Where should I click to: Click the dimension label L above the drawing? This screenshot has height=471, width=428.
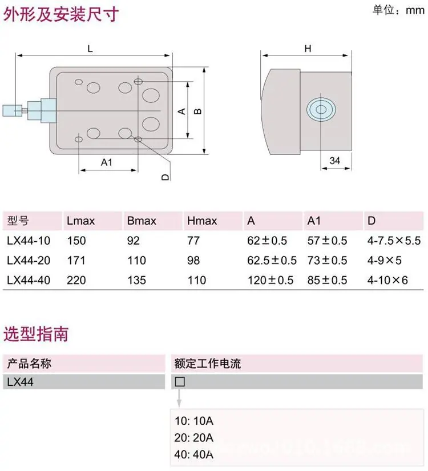click(x=90, y=49)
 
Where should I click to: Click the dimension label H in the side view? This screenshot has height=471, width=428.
click(x=308, y=49)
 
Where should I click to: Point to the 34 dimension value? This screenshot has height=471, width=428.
click(x=335, y=161)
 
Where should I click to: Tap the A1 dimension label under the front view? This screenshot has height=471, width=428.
click(x=107, y=162)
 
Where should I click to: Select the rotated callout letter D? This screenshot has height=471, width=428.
click(x=165, y=177)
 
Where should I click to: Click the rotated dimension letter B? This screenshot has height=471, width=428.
click(x=197, y=111)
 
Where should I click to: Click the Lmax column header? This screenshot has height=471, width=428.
click(x=80, y=221)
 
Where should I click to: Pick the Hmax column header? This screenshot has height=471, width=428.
click(x=202, y=221)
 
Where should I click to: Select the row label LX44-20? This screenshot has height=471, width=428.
click(x=29, y=261)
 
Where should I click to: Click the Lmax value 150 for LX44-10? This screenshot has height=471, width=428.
click(x=76, y=241)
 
